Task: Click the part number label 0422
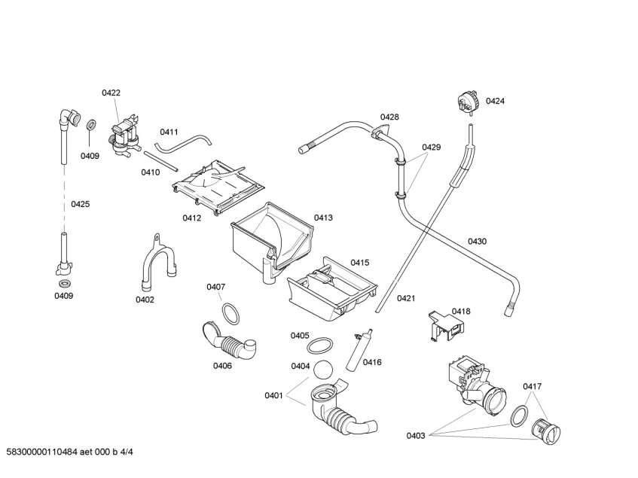[111, 93]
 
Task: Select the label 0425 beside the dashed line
[81, 204]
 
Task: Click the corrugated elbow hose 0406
[230, 342]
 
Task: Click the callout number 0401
[273, 395]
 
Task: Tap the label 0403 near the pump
[416, 435]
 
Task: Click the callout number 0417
[533, 387]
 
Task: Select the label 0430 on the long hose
[477, 242]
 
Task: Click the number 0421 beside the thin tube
[406, 298]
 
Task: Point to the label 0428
[389, 117]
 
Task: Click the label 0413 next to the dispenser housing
[323, 218]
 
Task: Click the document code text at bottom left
[75, 452]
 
